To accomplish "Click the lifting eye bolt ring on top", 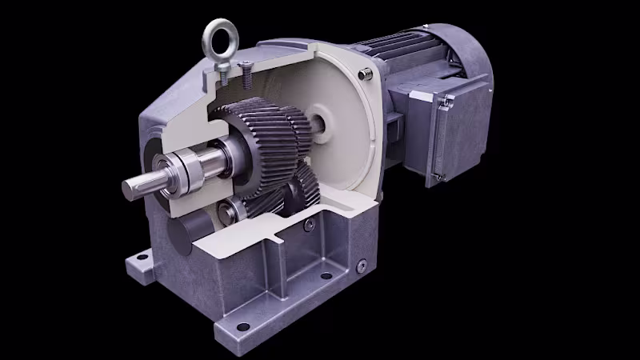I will [x=217, y=36].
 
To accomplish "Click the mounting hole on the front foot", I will [x=239, y=324].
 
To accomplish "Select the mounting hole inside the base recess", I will [x=326, y=276].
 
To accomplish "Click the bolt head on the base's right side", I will [x=361, y=266].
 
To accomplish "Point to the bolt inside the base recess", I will [x=308, y=226].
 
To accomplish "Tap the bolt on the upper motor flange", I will [x=366, y=74].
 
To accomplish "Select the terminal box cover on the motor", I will [x=460, y=132].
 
